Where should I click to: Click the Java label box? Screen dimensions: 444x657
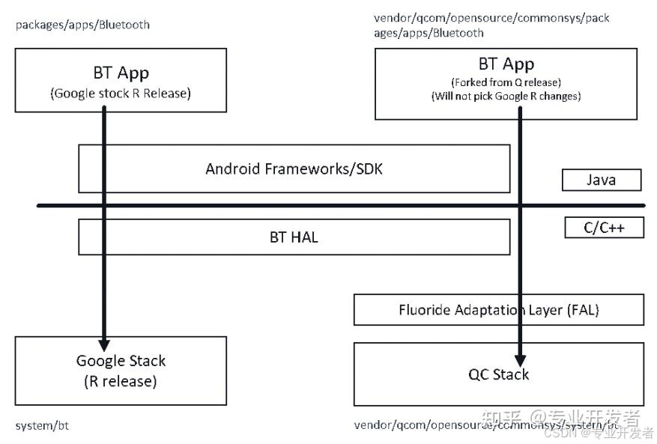click(602, 180)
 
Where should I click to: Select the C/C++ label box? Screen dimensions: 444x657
click(604, 228)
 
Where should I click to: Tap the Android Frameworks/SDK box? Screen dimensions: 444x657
click(294, 168)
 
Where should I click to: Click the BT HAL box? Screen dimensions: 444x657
click(294, 237)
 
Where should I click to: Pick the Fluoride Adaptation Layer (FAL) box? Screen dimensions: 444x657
click(498, 309)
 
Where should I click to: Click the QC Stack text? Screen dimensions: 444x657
click(498, 374)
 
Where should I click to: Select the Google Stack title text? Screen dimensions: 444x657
click(121, 361)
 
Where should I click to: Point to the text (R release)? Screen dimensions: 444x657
click(121, 381)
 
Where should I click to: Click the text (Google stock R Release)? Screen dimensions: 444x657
click(121, 94)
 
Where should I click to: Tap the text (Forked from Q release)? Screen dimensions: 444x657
click(506, 82)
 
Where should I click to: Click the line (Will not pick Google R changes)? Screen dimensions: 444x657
click(506, 96)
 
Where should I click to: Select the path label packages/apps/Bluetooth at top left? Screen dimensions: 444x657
click(82, 25)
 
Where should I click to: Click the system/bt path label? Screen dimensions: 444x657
click(42, 426)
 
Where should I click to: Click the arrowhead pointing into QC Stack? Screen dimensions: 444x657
click(519, 359)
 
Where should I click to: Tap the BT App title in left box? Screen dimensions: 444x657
click(121, 73)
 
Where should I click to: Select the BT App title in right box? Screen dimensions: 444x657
click(506, 64)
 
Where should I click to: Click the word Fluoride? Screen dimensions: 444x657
click(425, 309)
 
